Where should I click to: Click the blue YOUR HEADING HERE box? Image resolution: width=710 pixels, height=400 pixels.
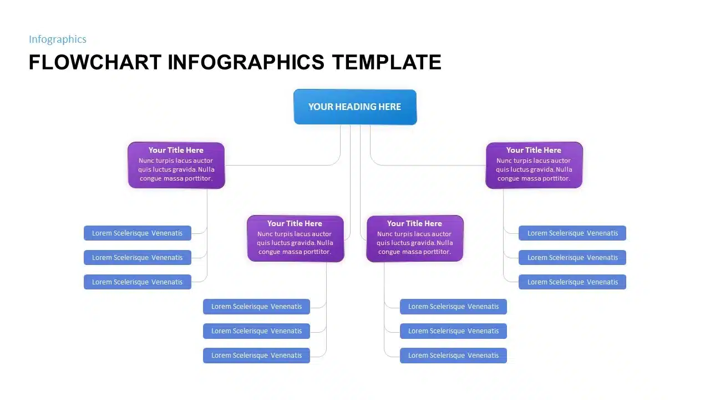(355, 107)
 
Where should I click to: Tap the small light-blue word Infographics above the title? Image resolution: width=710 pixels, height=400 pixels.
(58, 39)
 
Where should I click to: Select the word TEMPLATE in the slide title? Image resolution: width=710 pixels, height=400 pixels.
(387, 62)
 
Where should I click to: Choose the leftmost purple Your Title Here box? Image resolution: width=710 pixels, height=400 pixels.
(176, 165)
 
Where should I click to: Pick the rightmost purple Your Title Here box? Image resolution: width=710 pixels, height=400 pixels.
(534, 165)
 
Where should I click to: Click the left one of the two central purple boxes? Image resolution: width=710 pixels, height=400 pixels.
(295, 238)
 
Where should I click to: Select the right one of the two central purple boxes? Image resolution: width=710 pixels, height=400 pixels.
(415, 238)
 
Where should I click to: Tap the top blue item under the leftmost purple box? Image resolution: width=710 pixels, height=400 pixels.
(138, 233)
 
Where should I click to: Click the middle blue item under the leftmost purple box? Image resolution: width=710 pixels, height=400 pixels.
(138, 258)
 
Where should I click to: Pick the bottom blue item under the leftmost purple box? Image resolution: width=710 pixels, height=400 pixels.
(138, 282)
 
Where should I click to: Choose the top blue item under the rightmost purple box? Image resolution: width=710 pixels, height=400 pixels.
(572, 233)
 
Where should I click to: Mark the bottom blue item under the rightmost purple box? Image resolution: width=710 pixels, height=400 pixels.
(572, 282)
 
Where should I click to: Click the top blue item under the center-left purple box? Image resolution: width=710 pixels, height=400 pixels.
(256, 307)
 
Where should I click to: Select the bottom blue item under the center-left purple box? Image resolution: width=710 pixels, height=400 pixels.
(256, 356)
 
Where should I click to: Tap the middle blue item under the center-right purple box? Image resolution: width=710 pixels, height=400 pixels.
(453, 331)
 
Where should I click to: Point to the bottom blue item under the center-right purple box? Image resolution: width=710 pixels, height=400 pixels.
(453, 356)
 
